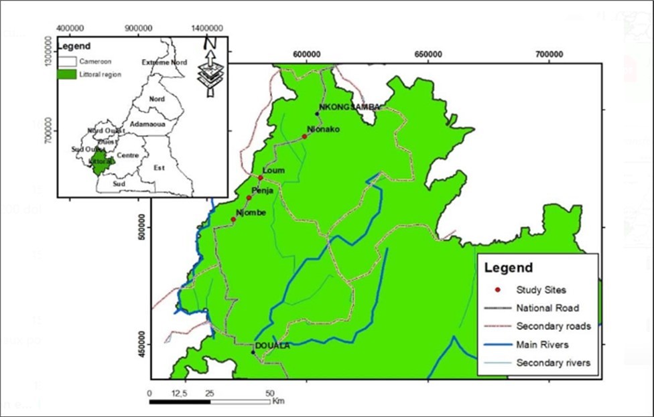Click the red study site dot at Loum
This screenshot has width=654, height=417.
point(261,177)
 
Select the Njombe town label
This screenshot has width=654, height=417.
point(252,213)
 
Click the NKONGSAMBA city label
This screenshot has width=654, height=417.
point(350,107)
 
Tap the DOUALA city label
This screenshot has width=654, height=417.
point(272,345)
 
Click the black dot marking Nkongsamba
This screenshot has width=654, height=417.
point(318,114)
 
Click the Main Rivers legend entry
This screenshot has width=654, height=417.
point(543,344)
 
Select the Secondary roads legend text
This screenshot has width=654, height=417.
point(553,326)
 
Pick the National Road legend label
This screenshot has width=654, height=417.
point(548,308)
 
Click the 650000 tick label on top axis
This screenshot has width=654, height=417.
point(428,54)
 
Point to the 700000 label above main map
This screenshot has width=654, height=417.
point(549,54)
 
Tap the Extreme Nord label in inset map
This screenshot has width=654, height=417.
point(164,62)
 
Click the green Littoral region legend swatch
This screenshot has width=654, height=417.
point(67,74)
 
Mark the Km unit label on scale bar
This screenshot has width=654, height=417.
point(279,402)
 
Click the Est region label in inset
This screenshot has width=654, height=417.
point(159,167)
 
